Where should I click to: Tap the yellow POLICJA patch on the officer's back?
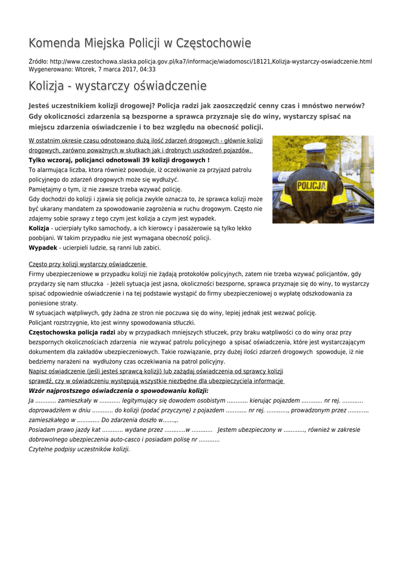tap(311, 186)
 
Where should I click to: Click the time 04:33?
tap(147, 69)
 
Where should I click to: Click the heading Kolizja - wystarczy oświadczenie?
tap(117, 86)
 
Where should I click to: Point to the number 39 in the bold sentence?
tap(147, 160)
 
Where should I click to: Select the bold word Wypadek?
tap(43, 248)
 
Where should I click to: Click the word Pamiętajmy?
tap(47, 189)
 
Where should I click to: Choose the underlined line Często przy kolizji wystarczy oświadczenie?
tap(87, 264)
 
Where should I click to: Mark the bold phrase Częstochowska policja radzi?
tap(72, 332)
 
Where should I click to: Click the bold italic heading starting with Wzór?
tap(119, 391)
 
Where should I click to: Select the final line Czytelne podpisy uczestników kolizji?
tap(79, 449)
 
